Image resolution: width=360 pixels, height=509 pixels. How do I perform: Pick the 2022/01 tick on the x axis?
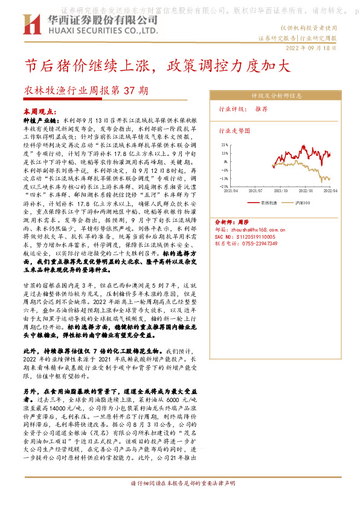point(304,190)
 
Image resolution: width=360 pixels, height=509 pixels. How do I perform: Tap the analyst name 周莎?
point(243,222)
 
